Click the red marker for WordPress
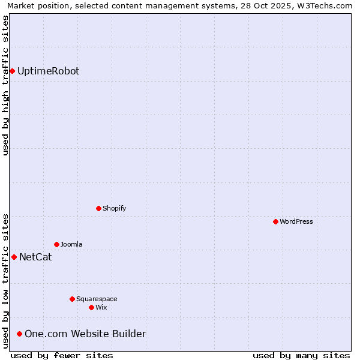[275, 221]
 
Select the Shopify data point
[98, 208]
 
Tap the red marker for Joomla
[56, 244]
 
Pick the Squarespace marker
[72, 299]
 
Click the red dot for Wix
[91, 307]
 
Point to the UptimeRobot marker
[12, 71]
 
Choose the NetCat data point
[14, 257]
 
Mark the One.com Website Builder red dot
[20, 334]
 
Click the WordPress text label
[296, 221]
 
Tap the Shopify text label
[115, 208]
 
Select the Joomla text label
[71, 244]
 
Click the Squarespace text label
[97, 299]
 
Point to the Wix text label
[101, 307]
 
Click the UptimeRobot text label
[48, 71]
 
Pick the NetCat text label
[35, 257]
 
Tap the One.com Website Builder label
[85, 334]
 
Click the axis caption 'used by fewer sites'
[62, 355]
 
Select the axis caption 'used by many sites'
[301, 355]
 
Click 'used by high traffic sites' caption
[5, 85]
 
